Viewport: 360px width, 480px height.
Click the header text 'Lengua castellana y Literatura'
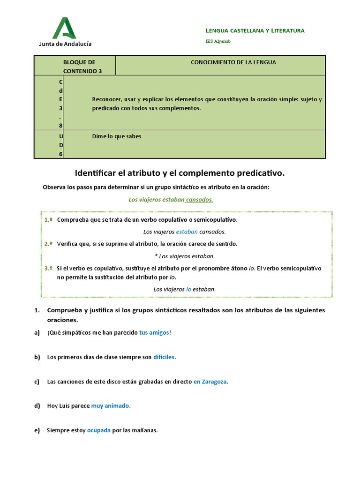[x=255, y=30]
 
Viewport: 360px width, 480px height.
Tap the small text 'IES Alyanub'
[x=218, y=41]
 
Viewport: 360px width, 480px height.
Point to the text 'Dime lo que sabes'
[x=117, y=136]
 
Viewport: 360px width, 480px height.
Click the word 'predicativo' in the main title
[x=260, y=173]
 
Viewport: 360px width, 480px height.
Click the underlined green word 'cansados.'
[x=199, y=199]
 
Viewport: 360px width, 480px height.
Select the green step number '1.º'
[x=48, y=219]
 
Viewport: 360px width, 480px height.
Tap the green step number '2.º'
[x=48, y=244]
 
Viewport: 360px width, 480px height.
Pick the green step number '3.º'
[x=48, y=268]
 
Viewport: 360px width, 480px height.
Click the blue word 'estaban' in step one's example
[x=187, y=232]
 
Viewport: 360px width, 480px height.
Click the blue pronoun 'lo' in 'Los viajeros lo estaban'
[x=188, y=289]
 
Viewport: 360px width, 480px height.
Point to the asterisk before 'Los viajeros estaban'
[x=156, y=256]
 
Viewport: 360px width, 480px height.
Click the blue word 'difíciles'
[x=164, y=357]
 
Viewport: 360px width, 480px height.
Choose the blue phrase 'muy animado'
[x=110, y=405]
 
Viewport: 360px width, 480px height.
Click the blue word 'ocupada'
[x=98, y=430]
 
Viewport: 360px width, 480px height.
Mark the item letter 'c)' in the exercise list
[x=37, y=382]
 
